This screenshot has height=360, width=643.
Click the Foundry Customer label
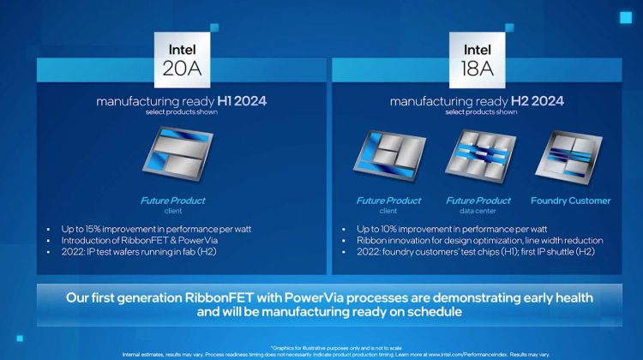(571, 201)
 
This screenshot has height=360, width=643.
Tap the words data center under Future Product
(472, 211)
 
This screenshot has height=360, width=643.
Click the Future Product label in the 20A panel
(172, 201)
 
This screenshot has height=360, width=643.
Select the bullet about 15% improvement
(155, 229)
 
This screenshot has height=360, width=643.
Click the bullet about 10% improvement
(451, 229)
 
